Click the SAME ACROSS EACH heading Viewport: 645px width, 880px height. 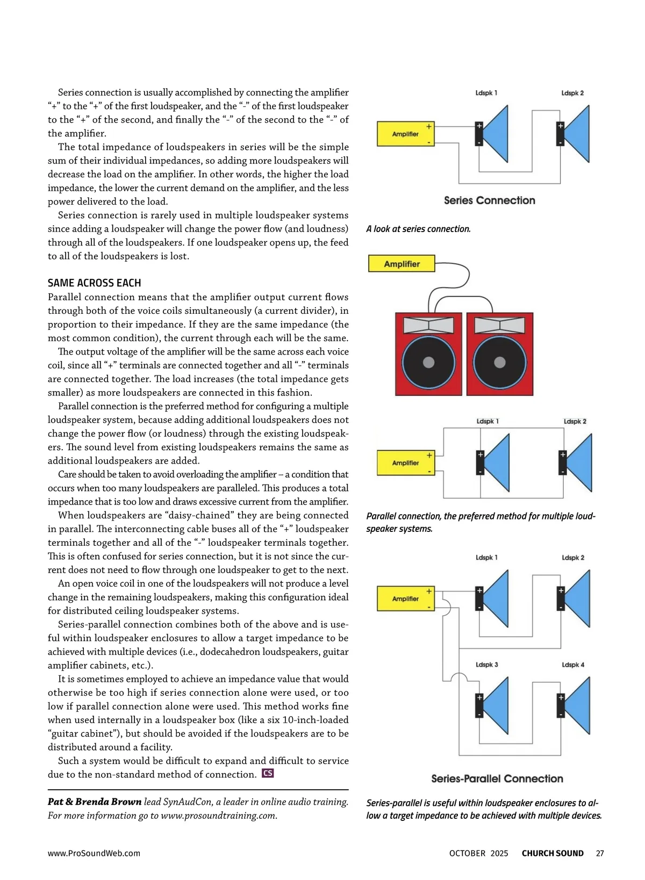point(94,283)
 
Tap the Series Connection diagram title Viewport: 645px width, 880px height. point(489,200)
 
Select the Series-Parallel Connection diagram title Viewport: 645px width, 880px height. point(497,778)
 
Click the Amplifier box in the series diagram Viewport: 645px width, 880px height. point(405,134)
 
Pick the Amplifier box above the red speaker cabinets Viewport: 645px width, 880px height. point(402,264)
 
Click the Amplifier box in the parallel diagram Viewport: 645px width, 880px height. point(406,463)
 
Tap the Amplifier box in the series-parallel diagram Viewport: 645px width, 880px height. point(405,598)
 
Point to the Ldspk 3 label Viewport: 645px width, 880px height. point(486,665)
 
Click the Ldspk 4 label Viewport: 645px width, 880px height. point(573,665)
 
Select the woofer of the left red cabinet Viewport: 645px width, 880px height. point(428,362)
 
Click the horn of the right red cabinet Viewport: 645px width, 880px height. point(500,325)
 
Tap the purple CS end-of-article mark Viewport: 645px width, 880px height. point(268,774)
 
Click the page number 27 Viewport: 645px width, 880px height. point(600,853)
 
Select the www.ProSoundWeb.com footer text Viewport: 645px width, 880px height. point(94,853)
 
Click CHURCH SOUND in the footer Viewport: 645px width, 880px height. point(552,853)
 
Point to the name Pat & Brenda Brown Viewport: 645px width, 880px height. point(95,802)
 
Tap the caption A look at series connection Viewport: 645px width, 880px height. point(418,229)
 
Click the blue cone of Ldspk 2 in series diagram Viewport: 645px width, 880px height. point(578,134)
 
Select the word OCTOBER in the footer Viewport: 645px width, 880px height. point(467,853)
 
